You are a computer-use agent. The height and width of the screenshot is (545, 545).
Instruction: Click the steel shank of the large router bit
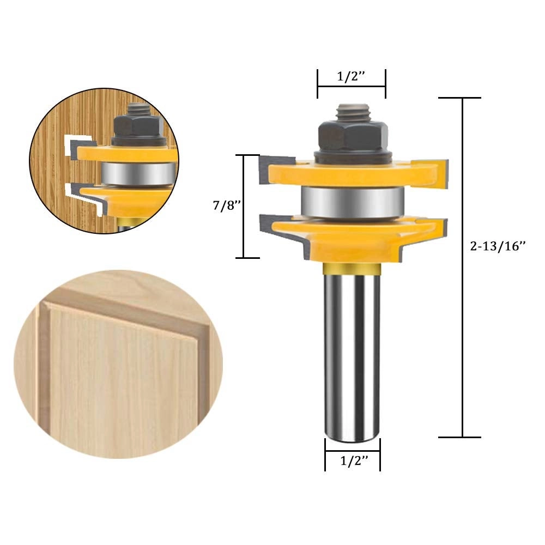(352, 354)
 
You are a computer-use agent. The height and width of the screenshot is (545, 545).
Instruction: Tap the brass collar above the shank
(352, 268)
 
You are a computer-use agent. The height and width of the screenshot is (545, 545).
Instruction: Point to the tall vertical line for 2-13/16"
(463, 267)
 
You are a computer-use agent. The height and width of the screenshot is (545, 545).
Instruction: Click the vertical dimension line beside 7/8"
(243, 206)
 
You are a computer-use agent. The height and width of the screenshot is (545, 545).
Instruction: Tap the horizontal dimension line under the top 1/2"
(352, 86)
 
